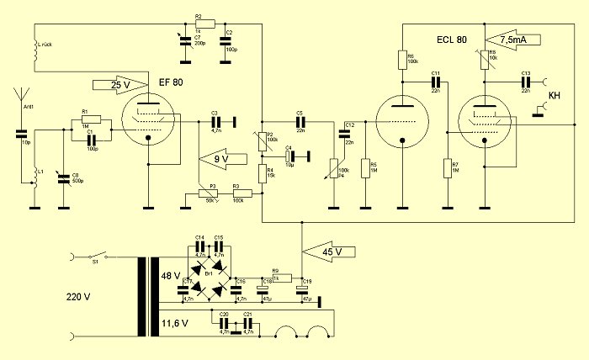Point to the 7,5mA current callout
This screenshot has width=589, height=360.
tap(514, 39)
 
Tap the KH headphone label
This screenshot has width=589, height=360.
tap(554, 97)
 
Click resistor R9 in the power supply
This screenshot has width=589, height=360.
tap(281, 277)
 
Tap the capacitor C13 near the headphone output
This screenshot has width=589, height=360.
tap(525, 82)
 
